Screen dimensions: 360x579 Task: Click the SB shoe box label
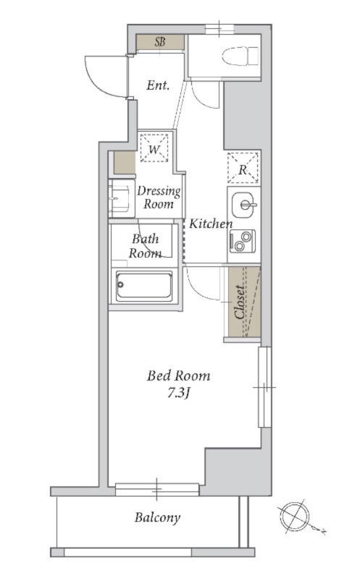(x=160, y=42)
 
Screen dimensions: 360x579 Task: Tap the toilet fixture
(x=240, y=56)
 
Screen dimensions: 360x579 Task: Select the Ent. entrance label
(x=158, y=85)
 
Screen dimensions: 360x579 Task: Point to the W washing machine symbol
(x=154, y=148)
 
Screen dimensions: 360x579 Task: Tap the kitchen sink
(x=244, y=205)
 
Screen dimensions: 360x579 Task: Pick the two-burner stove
(x=243, y=241)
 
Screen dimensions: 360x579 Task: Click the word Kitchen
(x=211, y=224)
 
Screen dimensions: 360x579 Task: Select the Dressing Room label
(x=159, y=197)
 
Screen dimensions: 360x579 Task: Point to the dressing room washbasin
(x=120, y=198)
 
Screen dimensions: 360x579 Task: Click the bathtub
(x=143, y=286)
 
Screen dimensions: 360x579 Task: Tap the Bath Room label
(x=146, y=246)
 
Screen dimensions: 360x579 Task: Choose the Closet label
(x=240, y=302)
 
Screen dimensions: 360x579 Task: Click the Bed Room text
(x=179, y=376)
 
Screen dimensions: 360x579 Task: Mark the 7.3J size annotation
(x=178, y=392)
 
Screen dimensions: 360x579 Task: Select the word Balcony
(x=157, y=517)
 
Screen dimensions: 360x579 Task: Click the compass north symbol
(x=295, y=517)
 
